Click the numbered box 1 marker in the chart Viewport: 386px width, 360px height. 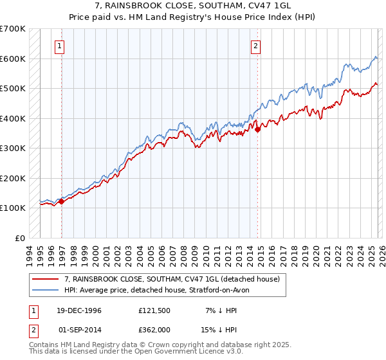(x=59, y=46)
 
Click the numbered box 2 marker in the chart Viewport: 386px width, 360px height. (x=255, y=46)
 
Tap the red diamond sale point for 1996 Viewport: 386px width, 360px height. (x=62, y=202)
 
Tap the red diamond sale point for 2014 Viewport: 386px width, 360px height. (x=258, y=129)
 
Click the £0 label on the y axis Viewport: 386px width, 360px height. (x=19, y=238)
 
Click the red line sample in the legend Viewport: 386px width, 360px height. (x=46, y=280)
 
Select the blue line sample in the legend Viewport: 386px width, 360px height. (x=46, y=291)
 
